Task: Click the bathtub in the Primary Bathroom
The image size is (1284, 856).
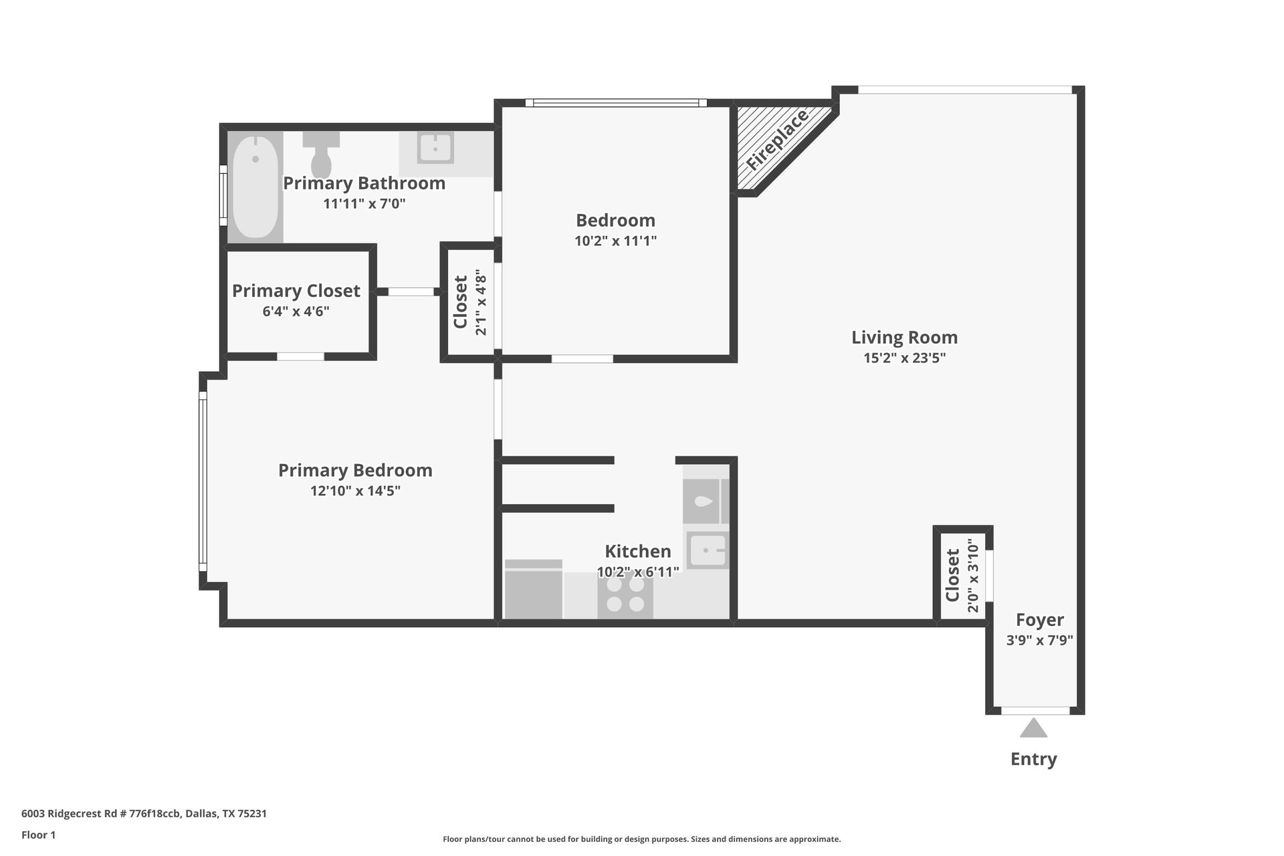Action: pos(255,187)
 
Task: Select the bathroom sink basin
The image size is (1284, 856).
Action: pos(435,147)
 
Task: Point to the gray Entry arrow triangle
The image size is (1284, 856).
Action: pos(1033,728)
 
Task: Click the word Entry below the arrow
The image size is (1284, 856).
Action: pos(1033,759)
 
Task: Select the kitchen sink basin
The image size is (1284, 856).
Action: pos(708,550)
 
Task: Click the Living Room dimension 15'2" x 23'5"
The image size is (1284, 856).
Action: pos(904,358)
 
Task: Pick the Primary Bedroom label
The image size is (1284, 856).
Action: pos(355,470)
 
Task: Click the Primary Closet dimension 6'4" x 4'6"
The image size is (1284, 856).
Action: pos(296,311)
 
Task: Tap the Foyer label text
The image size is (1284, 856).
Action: pos(1039,620)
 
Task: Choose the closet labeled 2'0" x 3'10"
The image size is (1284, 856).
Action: pos(961,576)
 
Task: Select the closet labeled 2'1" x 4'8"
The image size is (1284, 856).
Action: pos(469,302)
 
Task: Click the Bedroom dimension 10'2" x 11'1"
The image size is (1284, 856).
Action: pos(615,241)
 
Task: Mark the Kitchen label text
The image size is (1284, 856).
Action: pos(637,551)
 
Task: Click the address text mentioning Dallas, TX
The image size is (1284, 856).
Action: pos(144,814)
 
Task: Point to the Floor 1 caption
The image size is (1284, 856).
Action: pos(38,835)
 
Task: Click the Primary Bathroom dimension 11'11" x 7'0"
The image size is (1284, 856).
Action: pos(364,203)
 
